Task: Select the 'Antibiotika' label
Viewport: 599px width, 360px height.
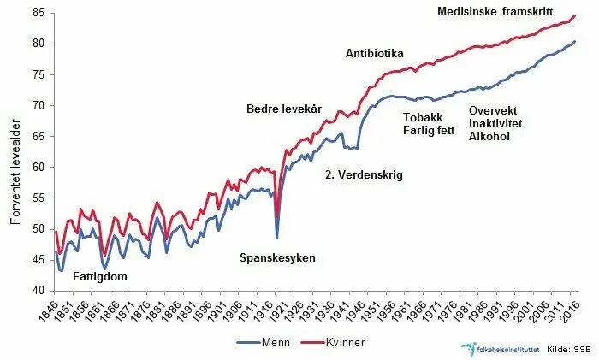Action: (x=374, y=53)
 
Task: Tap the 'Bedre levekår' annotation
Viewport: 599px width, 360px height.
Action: (x=285, y=109)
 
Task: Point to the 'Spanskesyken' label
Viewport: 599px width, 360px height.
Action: (x=276, y=257)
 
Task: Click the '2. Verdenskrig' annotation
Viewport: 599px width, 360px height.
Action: (x=364, y=175)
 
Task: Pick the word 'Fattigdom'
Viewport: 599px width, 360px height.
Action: (x=101, y=277)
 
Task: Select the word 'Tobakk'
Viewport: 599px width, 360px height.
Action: (x=423, y=117)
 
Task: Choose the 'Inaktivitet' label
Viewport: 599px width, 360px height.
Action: (x=497, y=123)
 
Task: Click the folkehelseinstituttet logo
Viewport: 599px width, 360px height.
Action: (x=497, y=349)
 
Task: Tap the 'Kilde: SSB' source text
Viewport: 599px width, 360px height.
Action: (x=568, y=349)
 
